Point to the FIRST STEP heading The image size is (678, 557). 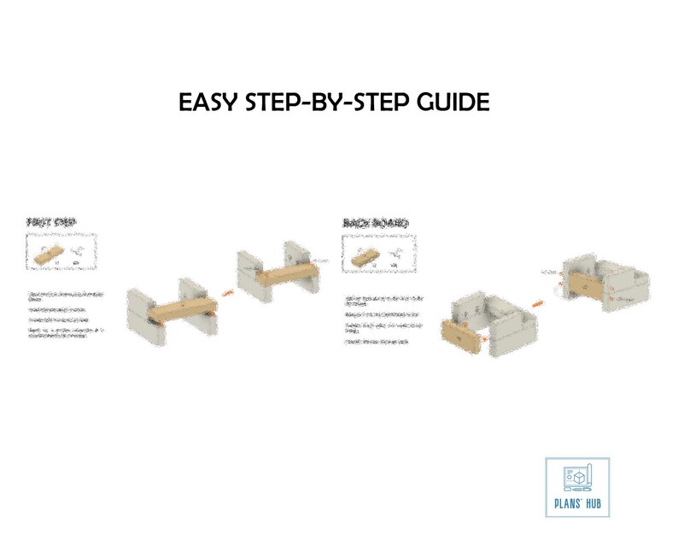click(x=51, y=223)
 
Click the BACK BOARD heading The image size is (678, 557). click(x=374, y=223)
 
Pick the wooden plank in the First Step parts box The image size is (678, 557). click(x=49, y=254)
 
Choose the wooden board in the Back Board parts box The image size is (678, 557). click(x=364, y=255)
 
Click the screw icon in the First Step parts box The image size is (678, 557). click(x=77, y=252)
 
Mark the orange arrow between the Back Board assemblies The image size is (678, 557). click(x=538, y=302)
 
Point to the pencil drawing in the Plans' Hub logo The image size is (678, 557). click(x=567, y=477)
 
